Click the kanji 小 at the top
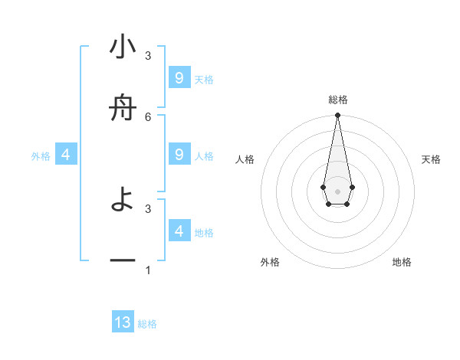pos(123,48)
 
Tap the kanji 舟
pos(123,110)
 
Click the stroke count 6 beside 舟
pos(148,116)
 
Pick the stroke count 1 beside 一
pos(148,270)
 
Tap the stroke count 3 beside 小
pos(148,56)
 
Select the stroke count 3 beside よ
pos(148,208)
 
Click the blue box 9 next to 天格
pos(179,78)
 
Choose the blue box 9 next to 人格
pos(179,155)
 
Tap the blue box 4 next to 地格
pos(179,231)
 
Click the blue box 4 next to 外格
pos(66,155)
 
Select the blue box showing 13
pos(123,322)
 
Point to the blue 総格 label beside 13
pos(147,324)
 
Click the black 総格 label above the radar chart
pos(337,100)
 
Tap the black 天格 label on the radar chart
pos(432,159)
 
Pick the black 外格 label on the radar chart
pos(270,262)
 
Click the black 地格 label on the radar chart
pos(402,262)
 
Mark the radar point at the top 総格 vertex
pos(337,116)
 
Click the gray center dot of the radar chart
pos(337,191)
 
